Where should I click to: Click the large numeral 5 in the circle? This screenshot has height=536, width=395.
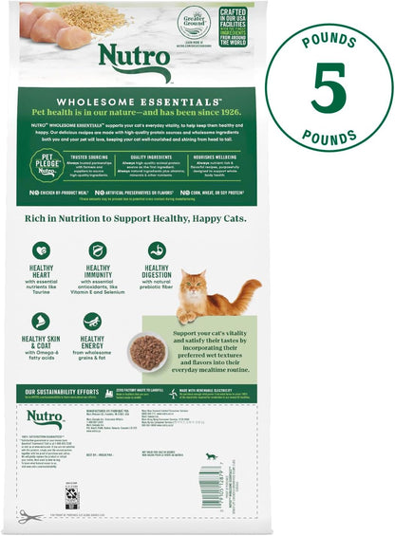[329, 88]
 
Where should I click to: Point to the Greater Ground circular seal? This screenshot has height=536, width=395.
[193, 23]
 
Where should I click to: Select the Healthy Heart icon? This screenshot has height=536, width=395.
[41, 250]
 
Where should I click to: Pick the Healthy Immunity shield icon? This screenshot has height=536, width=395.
[98, 250]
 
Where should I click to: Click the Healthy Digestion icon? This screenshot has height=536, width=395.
[157, 250]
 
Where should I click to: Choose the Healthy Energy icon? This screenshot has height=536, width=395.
[92, 322]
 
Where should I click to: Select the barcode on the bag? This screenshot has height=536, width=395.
[211, 483]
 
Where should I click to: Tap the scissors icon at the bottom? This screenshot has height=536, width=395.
[31, 516]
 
